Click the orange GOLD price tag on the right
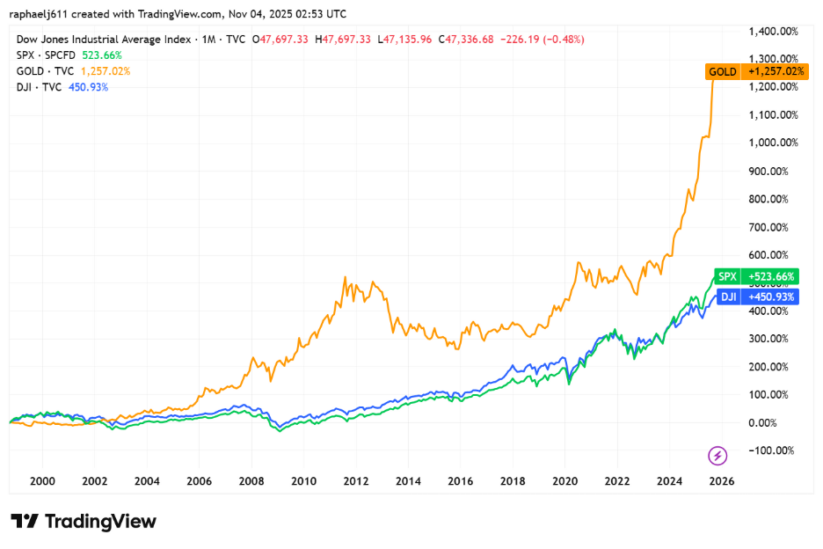point(723,71)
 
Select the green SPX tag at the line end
point(727,276)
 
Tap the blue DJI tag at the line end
point(728,297)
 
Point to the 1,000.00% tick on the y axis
point(773,143)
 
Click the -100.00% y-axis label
point(773,450)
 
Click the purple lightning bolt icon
point(717,455)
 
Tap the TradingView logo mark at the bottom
point(24,521)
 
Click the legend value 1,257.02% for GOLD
point(105,71)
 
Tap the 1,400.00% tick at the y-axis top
point(773,31)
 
